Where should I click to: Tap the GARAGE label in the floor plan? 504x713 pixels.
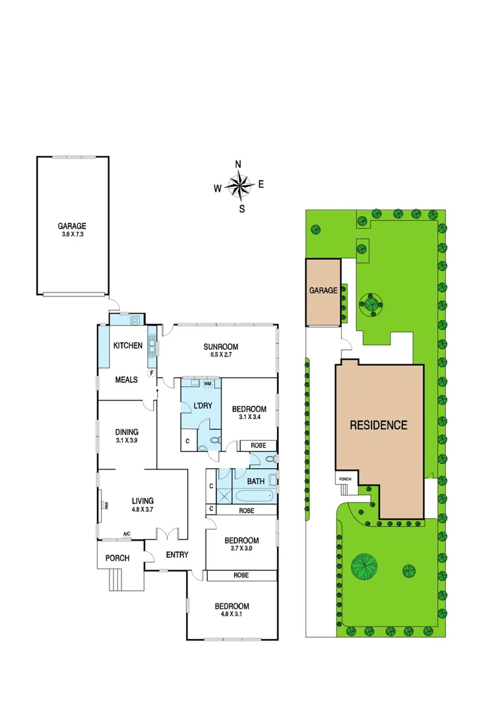(71, 225)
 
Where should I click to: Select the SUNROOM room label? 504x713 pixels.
(220, 347)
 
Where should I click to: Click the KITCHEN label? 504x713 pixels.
(128, 345)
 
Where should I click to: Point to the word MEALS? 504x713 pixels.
(126, 380)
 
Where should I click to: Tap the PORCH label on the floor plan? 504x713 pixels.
(117, 558)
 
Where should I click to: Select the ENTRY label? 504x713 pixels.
(176, 555)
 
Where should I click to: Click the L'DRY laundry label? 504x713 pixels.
(201, 405)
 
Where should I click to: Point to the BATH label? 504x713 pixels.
(255, 482)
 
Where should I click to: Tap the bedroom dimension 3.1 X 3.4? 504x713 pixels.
(249, 417)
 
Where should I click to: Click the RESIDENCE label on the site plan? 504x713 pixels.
(378, 425)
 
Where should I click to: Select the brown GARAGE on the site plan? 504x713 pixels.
(323, 292)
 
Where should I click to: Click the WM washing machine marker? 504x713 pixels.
(207, 384)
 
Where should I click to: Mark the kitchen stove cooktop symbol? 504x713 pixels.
(135, 320)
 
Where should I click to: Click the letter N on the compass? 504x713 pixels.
(239, 164)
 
